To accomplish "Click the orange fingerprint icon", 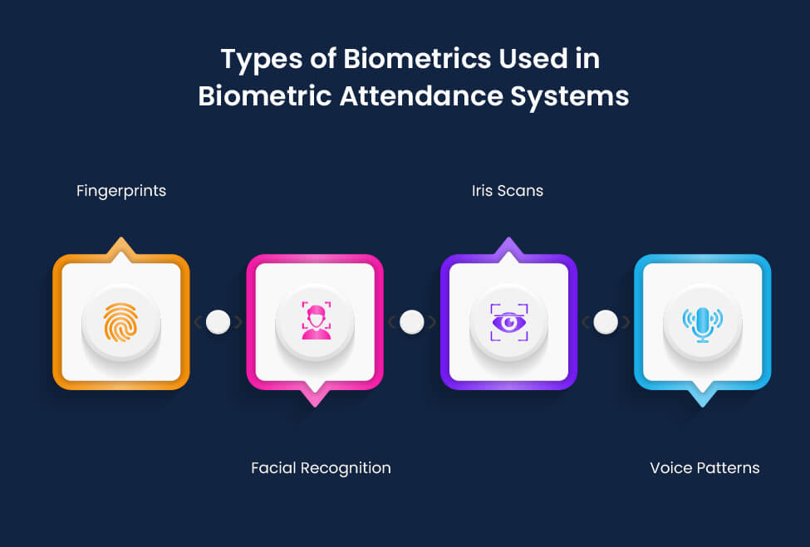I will coord(120,322).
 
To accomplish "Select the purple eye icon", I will coord(508,322).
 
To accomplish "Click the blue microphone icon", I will coord(702,322).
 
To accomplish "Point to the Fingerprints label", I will coord(121,191).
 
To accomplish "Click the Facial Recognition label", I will coord(321,468).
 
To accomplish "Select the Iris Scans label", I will coord(507,191).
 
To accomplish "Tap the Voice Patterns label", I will coord(704,468).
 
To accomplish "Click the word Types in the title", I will coord(252,60).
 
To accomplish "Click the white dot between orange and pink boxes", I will coord(218,322).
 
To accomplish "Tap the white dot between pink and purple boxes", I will coord(412,322).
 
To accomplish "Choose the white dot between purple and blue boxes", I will coord(606,322).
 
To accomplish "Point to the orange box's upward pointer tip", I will coord(121,241).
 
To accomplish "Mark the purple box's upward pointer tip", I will coord(508,241).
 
